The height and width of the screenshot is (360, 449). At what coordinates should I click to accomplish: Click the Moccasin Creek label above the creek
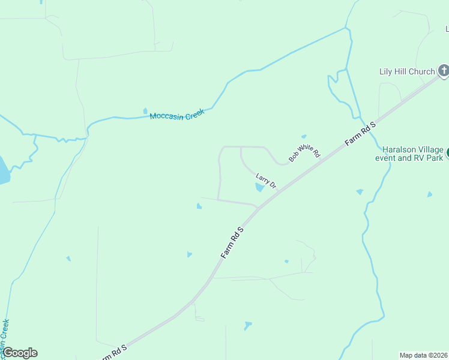(177, 114)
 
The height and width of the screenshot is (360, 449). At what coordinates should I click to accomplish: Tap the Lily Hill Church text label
(406, 71)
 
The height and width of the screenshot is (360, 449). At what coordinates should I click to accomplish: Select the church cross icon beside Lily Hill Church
(444, 71)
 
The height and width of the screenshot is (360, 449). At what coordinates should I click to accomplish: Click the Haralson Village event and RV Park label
(413, 154)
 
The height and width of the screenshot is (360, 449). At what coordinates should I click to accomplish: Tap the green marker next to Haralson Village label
(447, 154)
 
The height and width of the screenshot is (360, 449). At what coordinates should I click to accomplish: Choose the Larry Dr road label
(266, 181)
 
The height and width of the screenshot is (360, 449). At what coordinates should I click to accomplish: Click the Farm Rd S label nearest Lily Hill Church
(360, 133)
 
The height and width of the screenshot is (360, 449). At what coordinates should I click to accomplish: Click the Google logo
(20, 353)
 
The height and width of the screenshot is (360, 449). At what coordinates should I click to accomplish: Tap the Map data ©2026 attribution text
(424, 355)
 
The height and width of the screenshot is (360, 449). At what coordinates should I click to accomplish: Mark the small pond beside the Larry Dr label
(259, 187)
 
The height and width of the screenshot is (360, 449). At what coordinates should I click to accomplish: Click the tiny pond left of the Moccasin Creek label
(145, 111)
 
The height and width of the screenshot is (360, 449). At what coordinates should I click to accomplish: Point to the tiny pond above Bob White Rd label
(304, 137)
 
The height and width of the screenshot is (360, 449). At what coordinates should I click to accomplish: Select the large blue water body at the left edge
(3, 171)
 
